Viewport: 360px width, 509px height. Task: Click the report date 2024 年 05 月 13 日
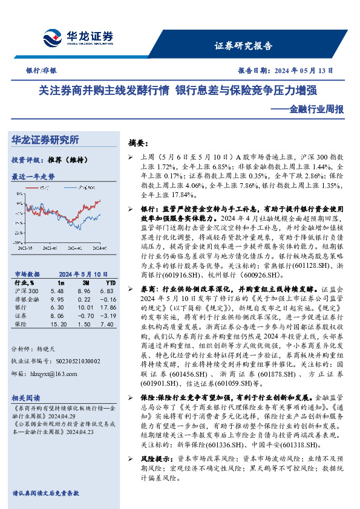304,71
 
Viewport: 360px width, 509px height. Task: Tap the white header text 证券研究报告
244,45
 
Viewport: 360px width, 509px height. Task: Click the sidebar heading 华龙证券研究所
45,140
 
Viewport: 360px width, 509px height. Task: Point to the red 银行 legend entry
43,188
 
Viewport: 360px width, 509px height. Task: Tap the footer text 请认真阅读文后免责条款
45,493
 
